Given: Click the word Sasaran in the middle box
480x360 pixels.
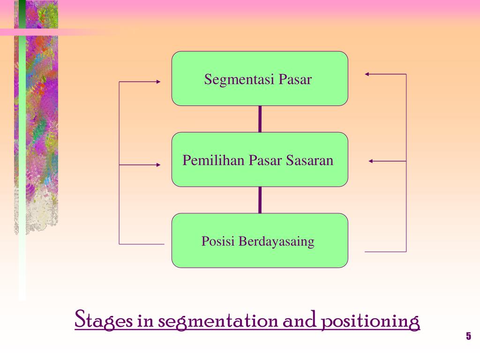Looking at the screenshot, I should (x=314, y=160).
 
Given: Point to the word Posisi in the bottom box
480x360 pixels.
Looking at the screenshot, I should (x=218, y=241).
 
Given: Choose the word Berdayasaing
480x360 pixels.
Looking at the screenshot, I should (x=276, y=242).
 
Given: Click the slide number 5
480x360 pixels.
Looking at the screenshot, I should (x=468, y=336).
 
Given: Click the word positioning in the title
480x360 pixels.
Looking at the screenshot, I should (x=370, y=322).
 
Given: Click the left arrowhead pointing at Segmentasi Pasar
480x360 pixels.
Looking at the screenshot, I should (x=158, y=82).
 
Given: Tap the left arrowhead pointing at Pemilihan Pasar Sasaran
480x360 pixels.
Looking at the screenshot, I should (x=158, y=165).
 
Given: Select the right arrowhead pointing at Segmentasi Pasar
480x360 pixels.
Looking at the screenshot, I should (x=367, y=74).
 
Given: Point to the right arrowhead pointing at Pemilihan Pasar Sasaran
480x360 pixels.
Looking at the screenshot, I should (x=371, y=161).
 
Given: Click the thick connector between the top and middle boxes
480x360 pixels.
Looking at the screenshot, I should (x=260, y=119).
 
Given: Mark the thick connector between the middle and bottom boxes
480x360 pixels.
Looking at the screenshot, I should (x=260, y=200).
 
